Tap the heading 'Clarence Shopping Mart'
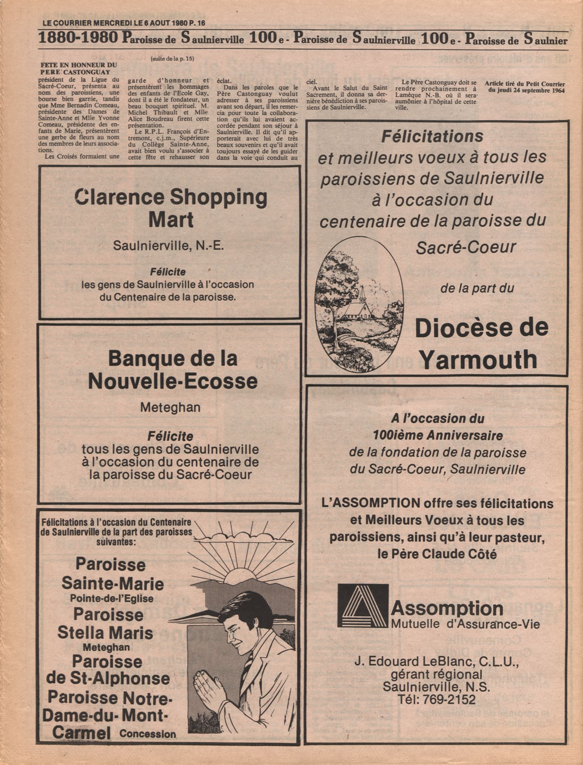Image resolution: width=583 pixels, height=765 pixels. (x=171, y=208)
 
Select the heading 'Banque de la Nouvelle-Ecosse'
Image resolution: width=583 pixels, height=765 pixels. (x=172, y=370)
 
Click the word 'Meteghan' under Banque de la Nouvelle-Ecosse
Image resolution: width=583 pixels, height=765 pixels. (x=170, y=408)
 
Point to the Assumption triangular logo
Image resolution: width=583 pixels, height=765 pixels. (x=362, y=606)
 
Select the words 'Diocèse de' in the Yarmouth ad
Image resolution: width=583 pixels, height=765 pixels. (x=481, y=328)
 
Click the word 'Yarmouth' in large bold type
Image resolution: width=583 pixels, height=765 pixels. (x=478, y=360)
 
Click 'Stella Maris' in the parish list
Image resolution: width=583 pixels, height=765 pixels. (x=105, y=633)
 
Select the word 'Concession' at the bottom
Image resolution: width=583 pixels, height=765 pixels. (x=147, y=734)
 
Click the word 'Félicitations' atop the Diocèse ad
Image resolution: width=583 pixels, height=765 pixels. (x=432, y=136)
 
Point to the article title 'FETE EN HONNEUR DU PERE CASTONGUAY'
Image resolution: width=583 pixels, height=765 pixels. (x=79, y=68)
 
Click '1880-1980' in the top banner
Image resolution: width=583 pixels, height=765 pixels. (x=78, y=39)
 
